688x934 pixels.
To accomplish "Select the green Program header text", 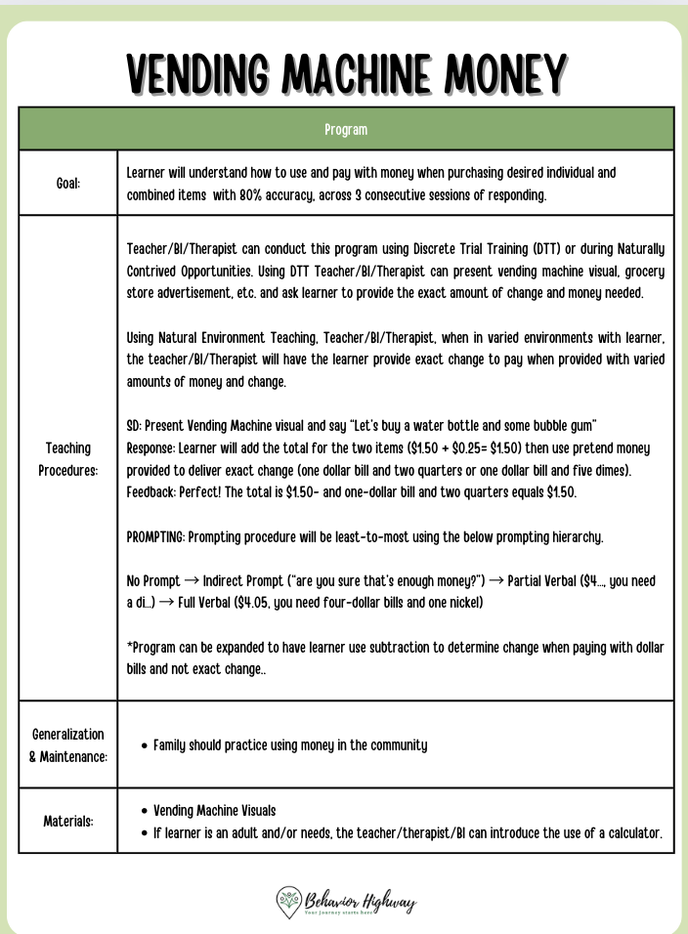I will pos(346,129).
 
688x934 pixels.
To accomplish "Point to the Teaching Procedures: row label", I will pos(67,458).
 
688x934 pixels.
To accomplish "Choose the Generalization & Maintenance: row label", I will pos(67,744).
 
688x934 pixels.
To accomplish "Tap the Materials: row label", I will pos(67,821).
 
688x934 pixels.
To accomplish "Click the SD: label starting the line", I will pos(136,426).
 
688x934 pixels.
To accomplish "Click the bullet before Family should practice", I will pos(145,745).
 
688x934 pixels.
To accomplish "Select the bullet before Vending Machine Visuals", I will pos(145,811).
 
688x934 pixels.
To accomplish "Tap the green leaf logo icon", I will pos(289,901).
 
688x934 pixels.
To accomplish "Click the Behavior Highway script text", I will pos(360,899).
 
